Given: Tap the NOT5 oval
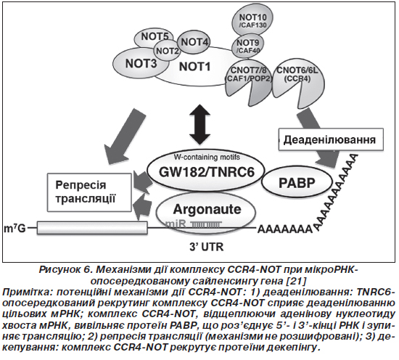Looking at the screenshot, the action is (x=154, y=38).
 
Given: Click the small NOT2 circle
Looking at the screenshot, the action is (x=167, y=51).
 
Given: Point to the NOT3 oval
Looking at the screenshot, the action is (x=141, y=63).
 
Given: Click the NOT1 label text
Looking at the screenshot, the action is (x=195, y=67).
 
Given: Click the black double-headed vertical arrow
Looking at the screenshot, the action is (x=201, y=124).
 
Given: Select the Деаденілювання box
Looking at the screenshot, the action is (x=331, y=139).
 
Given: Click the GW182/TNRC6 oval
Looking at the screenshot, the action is (x=206, y=171).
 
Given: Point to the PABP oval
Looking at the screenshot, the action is (x=297, y=182).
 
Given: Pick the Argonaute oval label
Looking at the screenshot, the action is (x=207, y=209).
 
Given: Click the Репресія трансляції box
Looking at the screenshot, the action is (x=90, y=192).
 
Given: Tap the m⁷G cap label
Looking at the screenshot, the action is (x=15, y=229).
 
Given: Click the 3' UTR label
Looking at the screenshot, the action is (x=206, y=247).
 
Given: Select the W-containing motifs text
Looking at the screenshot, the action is (x=207, y=157).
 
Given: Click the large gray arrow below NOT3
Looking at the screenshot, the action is (x=124, y=136).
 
